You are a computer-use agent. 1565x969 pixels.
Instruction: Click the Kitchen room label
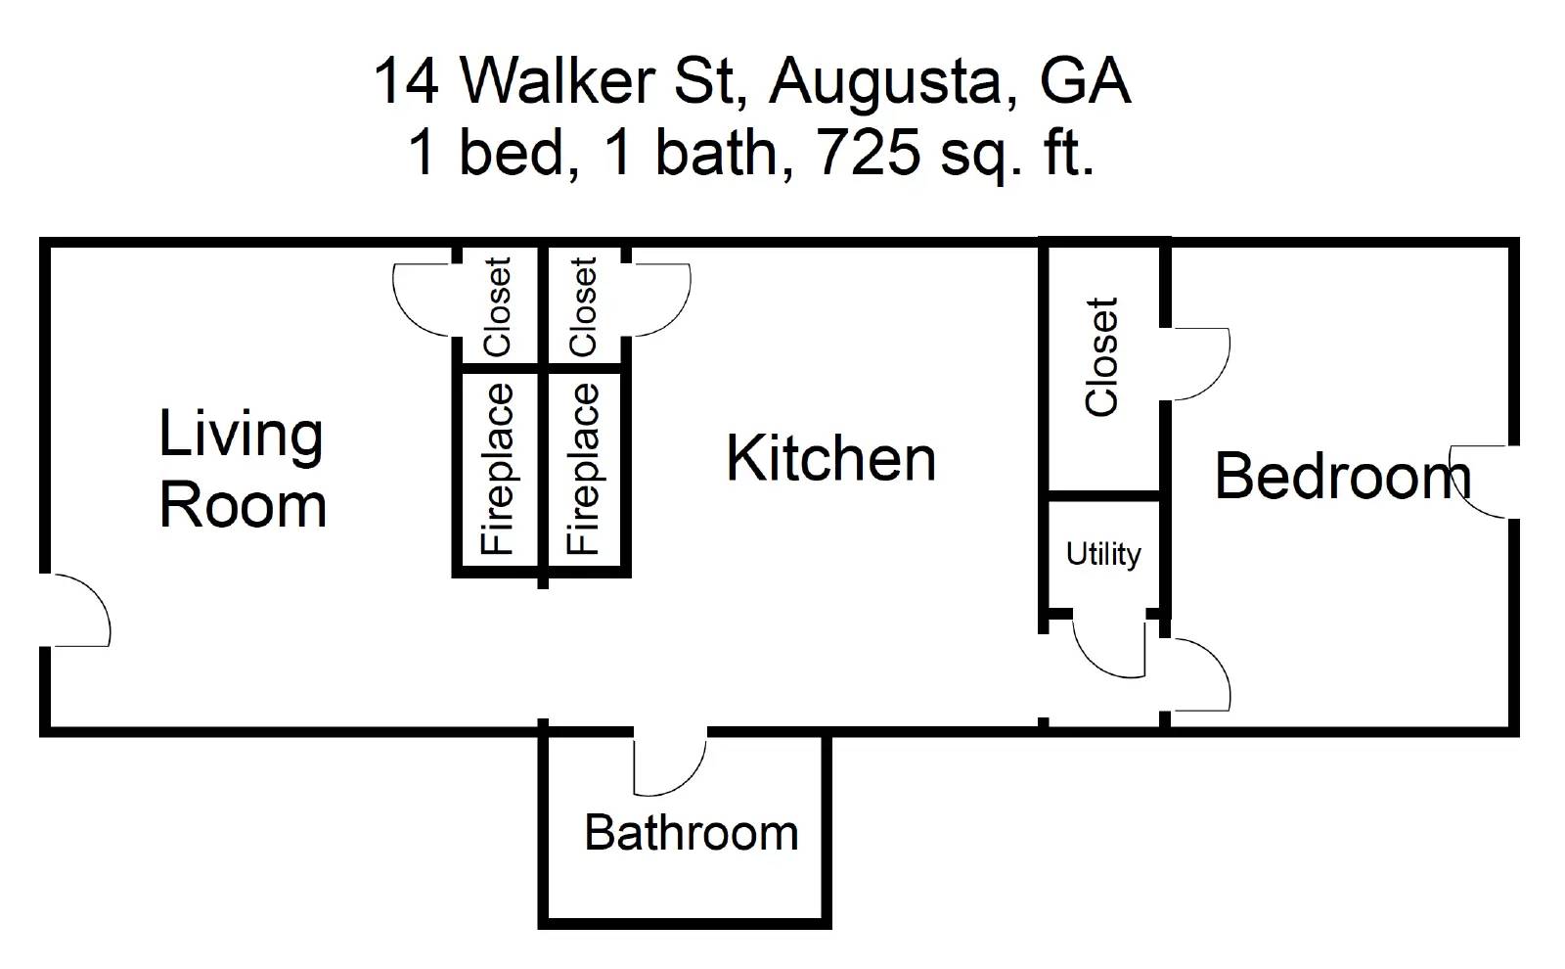tap(830, 459)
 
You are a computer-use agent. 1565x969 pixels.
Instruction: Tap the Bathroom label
tap(691, 833)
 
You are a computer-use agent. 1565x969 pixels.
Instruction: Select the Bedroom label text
tap(1342, 477)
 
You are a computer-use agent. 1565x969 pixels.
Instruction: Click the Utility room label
tap(1103, 554)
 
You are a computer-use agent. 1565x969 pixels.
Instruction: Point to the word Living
tap(241, 435)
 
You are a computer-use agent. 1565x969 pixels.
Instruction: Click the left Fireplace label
tap(498, 469)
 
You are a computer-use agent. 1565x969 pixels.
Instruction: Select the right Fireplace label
tap(584, 469)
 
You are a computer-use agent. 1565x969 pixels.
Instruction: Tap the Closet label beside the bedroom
tap(1102, 357)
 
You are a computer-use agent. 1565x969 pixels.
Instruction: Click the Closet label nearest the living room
tap(498, 306)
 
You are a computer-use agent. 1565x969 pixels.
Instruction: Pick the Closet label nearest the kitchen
tap(584, 306)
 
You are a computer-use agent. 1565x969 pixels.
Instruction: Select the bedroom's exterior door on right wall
tap(1482, 482)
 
